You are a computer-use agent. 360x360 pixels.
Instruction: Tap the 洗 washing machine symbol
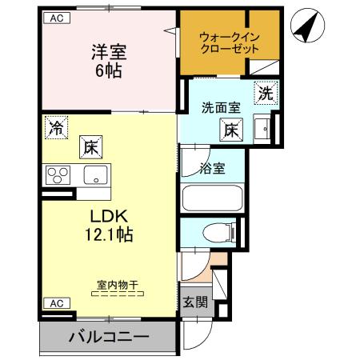(265, 92)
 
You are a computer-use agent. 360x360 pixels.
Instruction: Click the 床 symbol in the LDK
(89, 148)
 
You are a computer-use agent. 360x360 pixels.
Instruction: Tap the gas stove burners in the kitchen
(58, 174)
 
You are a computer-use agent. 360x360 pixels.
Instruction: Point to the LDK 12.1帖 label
(106, 226)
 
